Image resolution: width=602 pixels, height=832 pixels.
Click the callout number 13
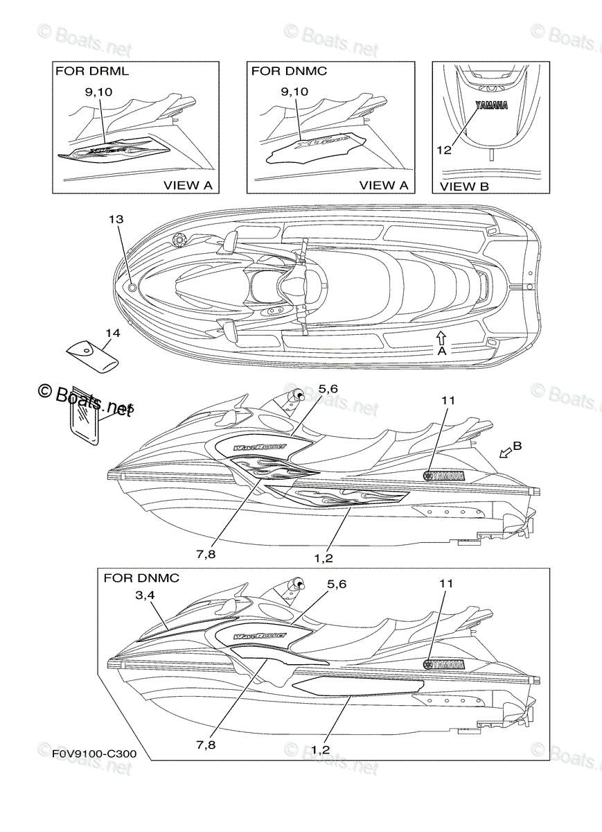116,219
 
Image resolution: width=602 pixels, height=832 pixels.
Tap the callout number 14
112,334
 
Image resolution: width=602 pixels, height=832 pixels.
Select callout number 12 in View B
444,150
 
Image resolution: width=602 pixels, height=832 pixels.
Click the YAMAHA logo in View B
490,106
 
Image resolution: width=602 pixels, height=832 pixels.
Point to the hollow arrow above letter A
441,337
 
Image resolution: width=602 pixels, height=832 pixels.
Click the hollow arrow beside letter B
508,452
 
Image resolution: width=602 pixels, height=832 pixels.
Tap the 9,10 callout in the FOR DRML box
100,91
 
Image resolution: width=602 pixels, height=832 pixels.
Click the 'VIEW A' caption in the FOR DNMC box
384,185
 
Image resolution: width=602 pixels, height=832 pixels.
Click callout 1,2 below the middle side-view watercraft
323,556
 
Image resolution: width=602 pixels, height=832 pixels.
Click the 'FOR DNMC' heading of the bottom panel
141,578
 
